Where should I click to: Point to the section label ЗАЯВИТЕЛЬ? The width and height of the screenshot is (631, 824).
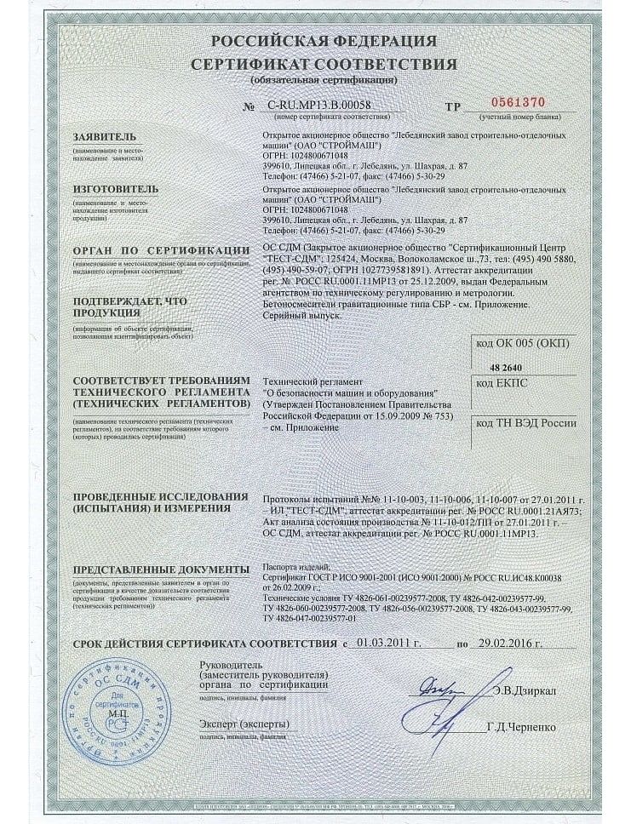click(x=104, y=135)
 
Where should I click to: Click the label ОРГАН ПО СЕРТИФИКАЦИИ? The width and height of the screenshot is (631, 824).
click(x=155, y=252)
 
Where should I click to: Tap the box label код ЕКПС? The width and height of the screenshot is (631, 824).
click(x=503, y=384)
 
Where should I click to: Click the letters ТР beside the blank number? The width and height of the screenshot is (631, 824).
click(x=452, y=108)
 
